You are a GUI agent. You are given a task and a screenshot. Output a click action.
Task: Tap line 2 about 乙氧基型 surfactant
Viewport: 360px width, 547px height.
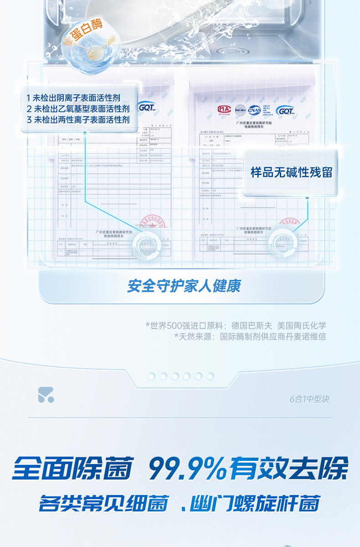point(77,109)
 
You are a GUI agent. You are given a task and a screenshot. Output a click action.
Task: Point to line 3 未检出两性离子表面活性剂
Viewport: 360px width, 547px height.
point(77,120)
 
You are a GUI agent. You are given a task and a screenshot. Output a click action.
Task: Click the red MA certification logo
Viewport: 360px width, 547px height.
point(224,109)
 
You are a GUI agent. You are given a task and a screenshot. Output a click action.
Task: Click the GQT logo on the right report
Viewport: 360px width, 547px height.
point(288,111)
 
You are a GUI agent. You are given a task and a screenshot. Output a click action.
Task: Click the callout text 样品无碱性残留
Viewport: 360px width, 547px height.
point(291,172)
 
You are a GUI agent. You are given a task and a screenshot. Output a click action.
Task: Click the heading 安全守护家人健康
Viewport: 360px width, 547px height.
point(184,286)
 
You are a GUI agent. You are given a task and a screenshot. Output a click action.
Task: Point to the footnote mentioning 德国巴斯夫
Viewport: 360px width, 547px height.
point(236,325)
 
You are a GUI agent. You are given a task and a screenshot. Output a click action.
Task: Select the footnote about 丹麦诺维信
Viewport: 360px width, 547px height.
point(250,337)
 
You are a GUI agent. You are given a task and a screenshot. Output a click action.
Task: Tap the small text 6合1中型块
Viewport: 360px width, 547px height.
point(309,399)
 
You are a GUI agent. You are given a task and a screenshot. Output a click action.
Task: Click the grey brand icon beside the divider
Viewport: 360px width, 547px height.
point(46,395)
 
